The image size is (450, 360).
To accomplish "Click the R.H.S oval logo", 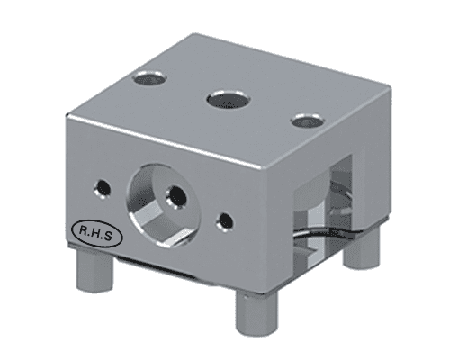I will point(94,231).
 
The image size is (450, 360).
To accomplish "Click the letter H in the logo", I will point(94,231).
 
